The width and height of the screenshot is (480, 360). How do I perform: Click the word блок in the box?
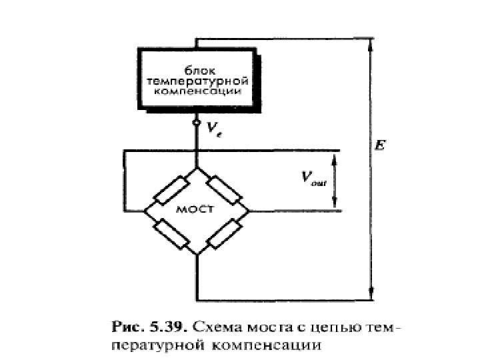pos(197,68)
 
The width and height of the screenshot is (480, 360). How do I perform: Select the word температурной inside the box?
pos(197,79)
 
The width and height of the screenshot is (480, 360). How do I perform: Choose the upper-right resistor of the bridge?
pos(223,189)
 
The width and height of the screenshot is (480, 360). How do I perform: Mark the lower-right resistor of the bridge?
pos(223,232)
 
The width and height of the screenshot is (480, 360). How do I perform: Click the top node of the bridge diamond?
pos(197,167)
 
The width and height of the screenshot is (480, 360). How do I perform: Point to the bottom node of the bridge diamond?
pos(197,254)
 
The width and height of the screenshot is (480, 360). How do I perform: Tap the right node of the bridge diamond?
pos(249,211)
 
